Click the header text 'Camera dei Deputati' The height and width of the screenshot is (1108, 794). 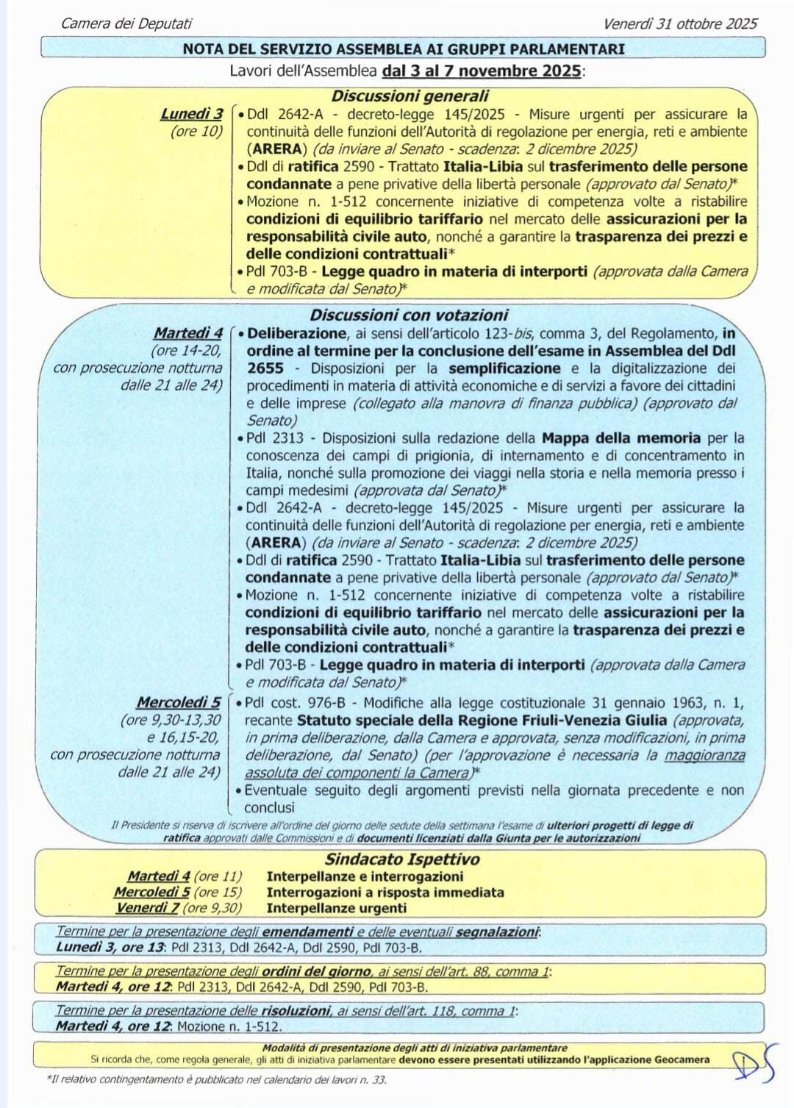click(126, 24)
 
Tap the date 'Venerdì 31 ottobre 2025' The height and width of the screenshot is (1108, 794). click(680, 24)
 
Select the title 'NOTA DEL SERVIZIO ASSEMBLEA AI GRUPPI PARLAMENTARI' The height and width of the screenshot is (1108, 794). click(404, 49)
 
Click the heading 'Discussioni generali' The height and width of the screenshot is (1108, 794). click(409, 96)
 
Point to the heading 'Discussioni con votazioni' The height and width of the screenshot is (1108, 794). click(409, 315)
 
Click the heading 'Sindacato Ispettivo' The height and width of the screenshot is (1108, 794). click(402, 859)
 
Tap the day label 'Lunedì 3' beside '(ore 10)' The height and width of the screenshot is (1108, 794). click(191, 114)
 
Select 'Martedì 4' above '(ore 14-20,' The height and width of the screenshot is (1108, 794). click(187, 333)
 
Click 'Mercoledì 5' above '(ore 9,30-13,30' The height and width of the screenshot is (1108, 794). click(178, 702)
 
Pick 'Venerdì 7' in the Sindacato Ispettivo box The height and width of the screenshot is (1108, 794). click(148, 907)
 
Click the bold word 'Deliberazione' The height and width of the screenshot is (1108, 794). click(296, 333)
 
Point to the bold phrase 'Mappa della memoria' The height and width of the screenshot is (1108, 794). click(621, 438)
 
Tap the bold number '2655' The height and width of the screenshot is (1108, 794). click(265, 368)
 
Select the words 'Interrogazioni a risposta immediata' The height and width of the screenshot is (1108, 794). click(385, 892)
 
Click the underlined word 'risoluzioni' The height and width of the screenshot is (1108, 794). click(296, 1010)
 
